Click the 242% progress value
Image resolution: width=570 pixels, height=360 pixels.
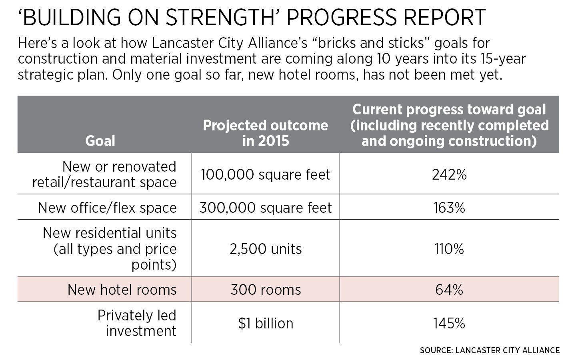click(449, 175)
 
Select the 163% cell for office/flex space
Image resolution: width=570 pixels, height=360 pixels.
click(449, 208)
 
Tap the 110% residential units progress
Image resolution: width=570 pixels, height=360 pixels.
click(449, 249)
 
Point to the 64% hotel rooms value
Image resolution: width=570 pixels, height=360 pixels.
click(449, 290)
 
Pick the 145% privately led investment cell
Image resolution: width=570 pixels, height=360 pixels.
click(449, 323)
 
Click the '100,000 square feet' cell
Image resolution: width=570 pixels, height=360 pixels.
click(266, 175)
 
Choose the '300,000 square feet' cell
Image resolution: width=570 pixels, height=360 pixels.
click(266, 208)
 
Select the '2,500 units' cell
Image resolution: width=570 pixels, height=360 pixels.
click(266, 249)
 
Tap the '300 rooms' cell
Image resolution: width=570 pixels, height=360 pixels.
click(266, 290)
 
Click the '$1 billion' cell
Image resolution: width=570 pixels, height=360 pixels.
click(266, 323)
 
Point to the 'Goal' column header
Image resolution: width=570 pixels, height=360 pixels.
click(100, 141)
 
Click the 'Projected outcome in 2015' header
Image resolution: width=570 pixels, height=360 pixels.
click(266, 133)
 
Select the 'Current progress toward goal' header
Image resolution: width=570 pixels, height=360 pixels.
click(449, 125)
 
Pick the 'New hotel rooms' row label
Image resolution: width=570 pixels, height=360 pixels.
click(122, 290)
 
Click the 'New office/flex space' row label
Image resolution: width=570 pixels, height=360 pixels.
click(107, 208)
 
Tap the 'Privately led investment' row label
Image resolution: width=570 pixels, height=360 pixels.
click(137, 323)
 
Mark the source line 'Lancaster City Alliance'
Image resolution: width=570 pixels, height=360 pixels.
click(490, 350)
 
